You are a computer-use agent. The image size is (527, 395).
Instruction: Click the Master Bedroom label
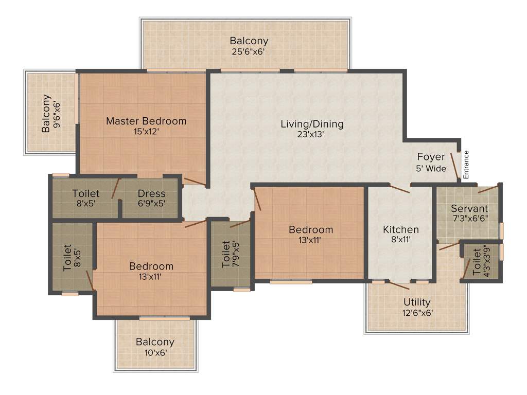point(146,121)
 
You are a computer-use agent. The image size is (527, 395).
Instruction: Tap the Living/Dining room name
point(312,124)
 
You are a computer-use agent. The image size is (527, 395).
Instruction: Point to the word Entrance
point(466,164)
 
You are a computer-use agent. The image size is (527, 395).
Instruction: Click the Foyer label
point(431,157)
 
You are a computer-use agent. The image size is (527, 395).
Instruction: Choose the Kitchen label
point(400,229)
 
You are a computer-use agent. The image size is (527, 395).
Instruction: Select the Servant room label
point(469,209)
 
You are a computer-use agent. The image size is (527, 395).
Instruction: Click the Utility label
point(417,302)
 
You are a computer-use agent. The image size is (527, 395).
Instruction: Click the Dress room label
point(151,193)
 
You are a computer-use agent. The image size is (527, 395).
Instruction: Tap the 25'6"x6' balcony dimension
point(249,51)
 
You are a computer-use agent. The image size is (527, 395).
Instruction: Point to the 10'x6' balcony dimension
point(155,352)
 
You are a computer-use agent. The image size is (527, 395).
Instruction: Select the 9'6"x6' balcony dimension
point(57,113)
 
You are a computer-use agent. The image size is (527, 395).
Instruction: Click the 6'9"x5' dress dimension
point(151,203)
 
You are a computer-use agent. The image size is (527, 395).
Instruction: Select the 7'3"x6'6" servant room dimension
point(469,219)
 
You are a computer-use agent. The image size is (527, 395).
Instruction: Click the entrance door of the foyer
point(454,166)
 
